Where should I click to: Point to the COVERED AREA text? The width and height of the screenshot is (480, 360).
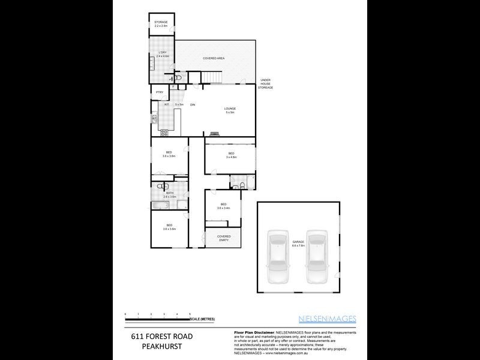tap(214, 58)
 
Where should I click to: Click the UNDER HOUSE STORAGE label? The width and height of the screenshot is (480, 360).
tap(265, 85)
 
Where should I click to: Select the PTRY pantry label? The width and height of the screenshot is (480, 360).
tap(160, 92)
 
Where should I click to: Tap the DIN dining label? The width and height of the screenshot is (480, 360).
tap(193, 105)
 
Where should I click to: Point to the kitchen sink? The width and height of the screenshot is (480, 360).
tap(154, 118)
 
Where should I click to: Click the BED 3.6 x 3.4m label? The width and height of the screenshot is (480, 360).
tap(222, 205)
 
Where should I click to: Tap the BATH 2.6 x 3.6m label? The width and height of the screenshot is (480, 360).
tap(170, 194)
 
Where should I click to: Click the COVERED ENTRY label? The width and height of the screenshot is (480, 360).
tap(223, 238)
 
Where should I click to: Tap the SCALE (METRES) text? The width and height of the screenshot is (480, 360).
tap(202, 319)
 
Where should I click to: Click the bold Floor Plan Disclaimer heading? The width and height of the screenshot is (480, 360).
tap(251, 332)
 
